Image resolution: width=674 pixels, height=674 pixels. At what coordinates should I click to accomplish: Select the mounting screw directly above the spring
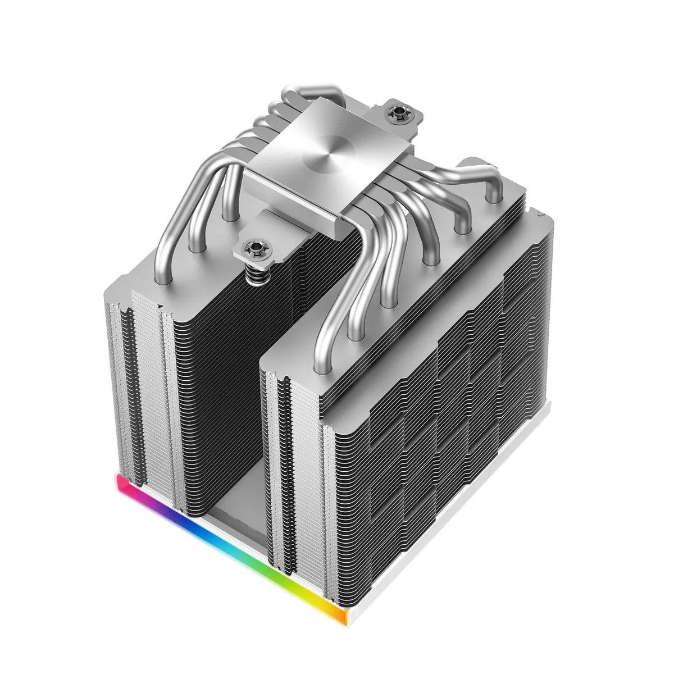(x=248, y=246)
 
